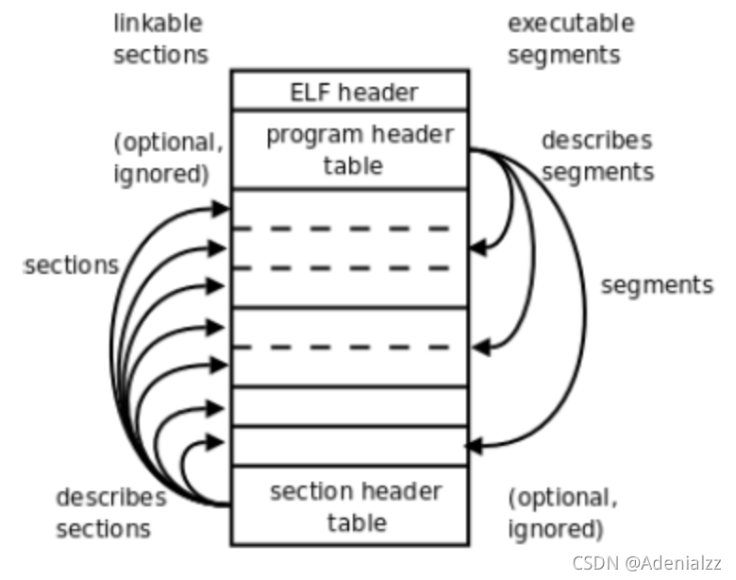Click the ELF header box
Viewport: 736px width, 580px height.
point(350,91)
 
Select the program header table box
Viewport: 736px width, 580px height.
point(350,149)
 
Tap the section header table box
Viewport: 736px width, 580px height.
point(350,505)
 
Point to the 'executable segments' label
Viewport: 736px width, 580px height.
point(570,38)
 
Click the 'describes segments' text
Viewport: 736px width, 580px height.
point(596,156)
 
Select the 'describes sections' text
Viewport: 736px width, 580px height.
point(110,512)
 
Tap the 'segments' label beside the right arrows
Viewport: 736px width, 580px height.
point(657,284)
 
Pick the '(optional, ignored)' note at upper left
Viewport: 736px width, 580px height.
point(169,157)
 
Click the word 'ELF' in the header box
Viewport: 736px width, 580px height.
point(309,92)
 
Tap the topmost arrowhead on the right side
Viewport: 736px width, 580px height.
point(477,247)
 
